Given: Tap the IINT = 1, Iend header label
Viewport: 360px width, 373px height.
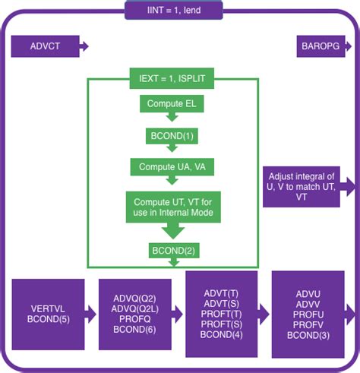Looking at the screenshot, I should (x=175, y=10).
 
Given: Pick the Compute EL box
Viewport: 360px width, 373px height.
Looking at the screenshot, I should (x=172, y=103).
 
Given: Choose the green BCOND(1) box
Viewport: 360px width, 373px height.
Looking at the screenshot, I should (x=172, y=135).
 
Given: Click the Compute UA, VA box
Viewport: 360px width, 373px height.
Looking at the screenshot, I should (x=172, y=166).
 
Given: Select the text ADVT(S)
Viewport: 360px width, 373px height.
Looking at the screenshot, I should (x=221, y=303).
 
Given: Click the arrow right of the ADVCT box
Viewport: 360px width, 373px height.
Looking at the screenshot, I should (x=84, y=47).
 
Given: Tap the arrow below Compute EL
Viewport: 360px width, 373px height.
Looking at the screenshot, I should (x=172, y=117).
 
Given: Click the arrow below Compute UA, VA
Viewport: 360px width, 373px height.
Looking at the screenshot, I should (x=172, y=182).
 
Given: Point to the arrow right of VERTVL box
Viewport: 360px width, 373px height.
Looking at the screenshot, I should (x=92, y=313).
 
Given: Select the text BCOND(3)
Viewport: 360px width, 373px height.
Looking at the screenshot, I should (x=308, y=334).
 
